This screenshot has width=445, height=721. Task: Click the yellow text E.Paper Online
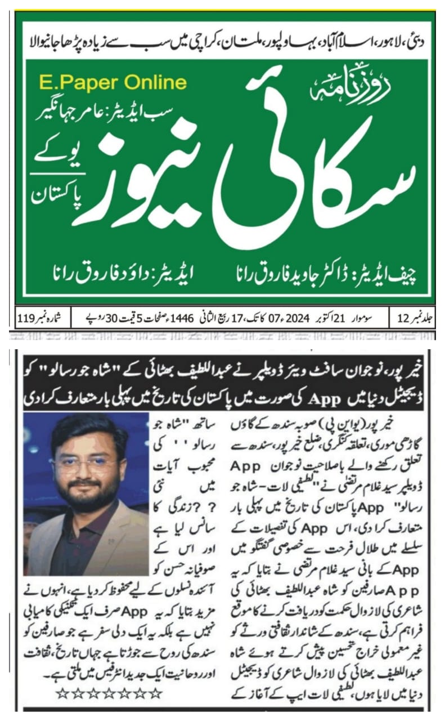point(113,83)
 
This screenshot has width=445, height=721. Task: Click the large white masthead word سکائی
point(318,180)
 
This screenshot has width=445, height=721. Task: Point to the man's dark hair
point(90,431)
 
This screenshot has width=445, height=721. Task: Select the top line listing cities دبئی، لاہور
point(225,42)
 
